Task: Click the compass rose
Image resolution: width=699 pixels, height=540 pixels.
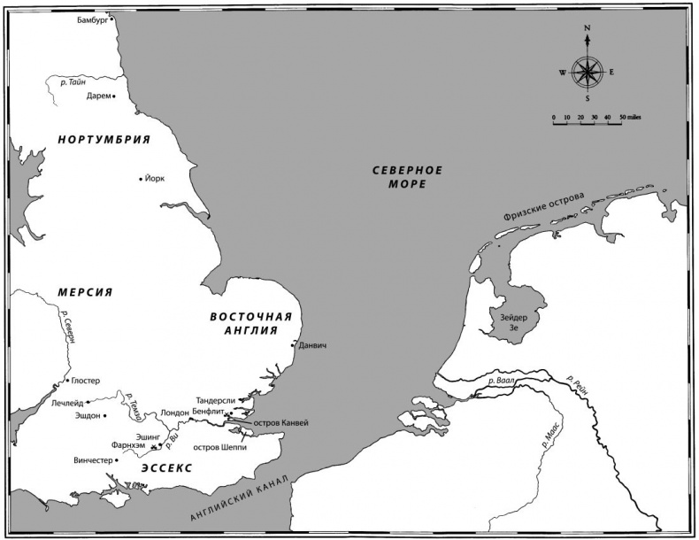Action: coord(588,71)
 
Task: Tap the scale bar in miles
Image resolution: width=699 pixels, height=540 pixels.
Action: coord(588,121)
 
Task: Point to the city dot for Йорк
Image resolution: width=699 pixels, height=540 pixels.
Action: coord(141,180)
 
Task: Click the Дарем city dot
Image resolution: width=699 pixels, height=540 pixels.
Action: coord(114,96)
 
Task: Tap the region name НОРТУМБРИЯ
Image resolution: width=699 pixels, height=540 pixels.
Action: coord(104,140)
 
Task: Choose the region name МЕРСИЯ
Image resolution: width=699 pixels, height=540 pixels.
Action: coord(86,293)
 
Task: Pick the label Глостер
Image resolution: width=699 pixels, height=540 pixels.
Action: coord(85,381)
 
